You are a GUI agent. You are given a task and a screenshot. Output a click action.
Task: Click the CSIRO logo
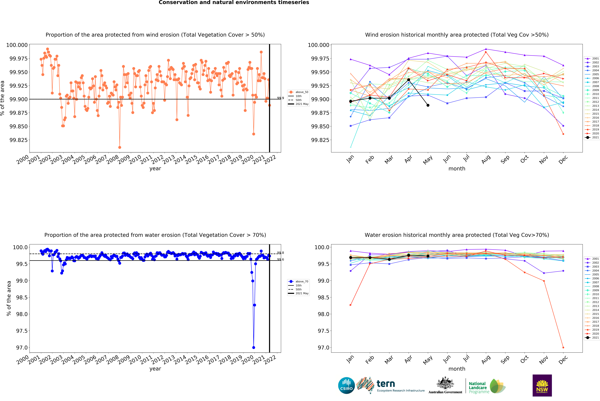click(346, 385)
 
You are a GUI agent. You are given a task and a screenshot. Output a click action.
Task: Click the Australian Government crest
click(445, 384)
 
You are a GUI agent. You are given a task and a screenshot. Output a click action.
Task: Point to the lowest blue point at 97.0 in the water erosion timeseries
click(253, 348)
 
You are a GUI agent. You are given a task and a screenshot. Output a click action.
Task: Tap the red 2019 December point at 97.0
click(563, 348)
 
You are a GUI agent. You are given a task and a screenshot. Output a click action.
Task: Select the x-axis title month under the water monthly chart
click(457, 369)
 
